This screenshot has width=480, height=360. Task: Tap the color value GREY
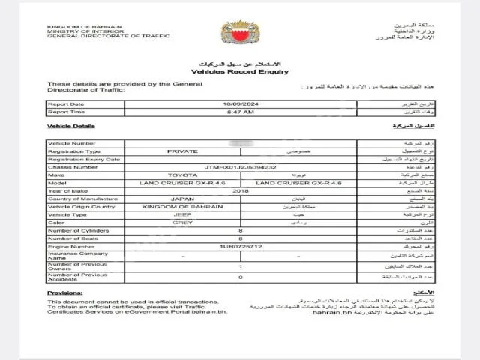pos(182,223)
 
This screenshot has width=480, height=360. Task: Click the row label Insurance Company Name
pos(73,256)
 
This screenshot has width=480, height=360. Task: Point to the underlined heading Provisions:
pos(64,292)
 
